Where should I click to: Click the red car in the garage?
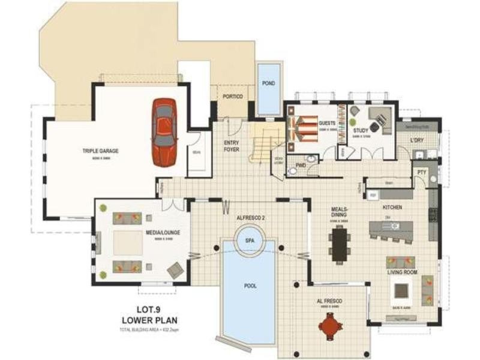click(164, 132)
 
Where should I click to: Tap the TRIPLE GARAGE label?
click(100, 151)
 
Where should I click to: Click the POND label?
click(269, 83)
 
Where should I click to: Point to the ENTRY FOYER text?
click(231, 146)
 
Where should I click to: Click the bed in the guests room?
click(302, 128)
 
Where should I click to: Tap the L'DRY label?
click(418, 141)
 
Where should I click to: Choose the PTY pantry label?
click(422, 172)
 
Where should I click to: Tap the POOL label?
click(250, 286)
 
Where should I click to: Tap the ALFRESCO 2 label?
click(248, 218)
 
